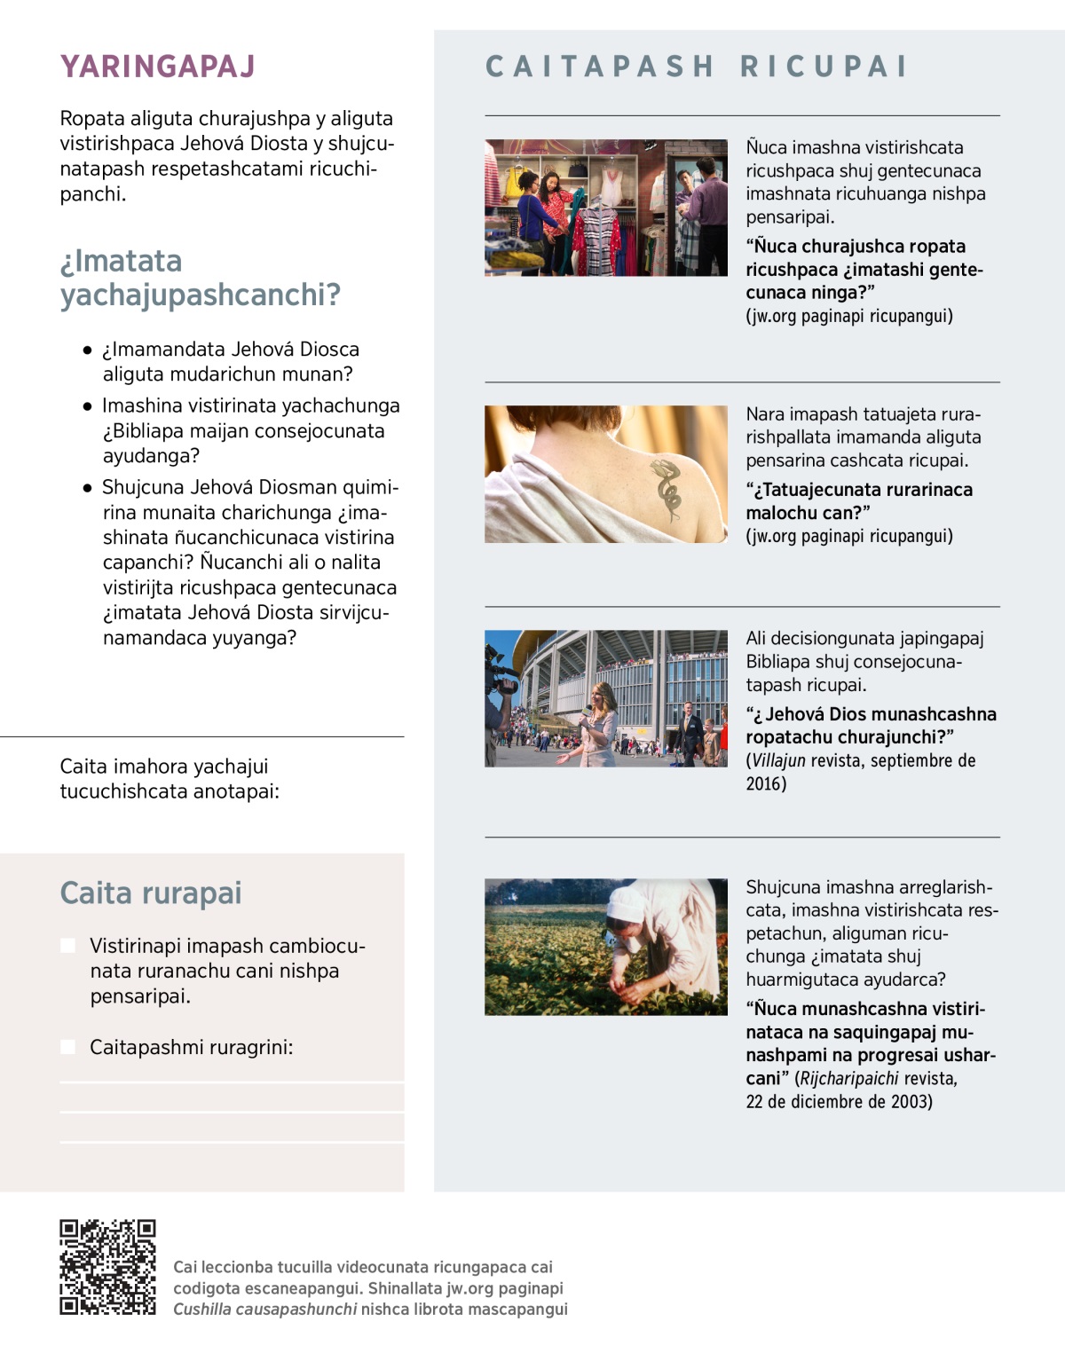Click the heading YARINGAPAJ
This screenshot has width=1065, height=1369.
[157, 67]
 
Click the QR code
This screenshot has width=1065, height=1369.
[107, 1266]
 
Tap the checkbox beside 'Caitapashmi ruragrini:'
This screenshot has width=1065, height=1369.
[67, 1047]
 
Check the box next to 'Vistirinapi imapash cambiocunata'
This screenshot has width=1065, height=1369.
[67, 946]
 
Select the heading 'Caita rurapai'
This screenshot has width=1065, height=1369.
[150, 893]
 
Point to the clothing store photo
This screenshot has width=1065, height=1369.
[605, 208]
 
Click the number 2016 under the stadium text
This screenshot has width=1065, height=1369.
[766, 783]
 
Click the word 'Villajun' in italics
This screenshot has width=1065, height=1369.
[778, 760]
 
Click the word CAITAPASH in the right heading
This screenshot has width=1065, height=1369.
[600, 67]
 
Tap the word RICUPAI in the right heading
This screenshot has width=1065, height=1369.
[824, 67]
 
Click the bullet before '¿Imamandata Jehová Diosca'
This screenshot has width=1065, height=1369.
[87, 350]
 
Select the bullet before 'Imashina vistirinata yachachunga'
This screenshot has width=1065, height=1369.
[87, 407]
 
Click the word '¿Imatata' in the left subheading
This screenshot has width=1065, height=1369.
[121, 261]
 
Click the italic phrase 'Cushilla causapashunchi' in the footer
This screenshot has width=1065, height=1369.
[264, 1310]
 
